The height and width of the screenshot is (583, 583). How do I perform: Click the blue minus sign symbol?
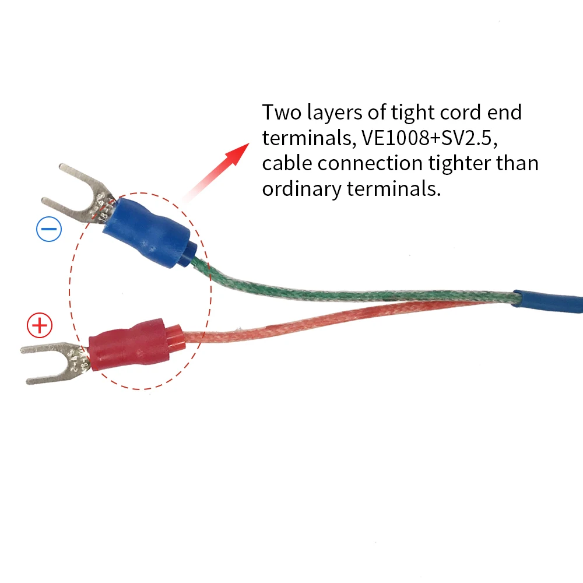(49, 230)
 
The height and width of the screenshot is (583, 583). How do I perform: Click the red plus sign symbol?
(40, 325)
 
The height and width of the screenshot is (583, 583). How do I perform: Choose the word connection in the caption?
(370, 163)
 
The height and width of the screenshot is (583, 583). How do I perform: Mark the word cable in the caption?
(287, 163)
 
